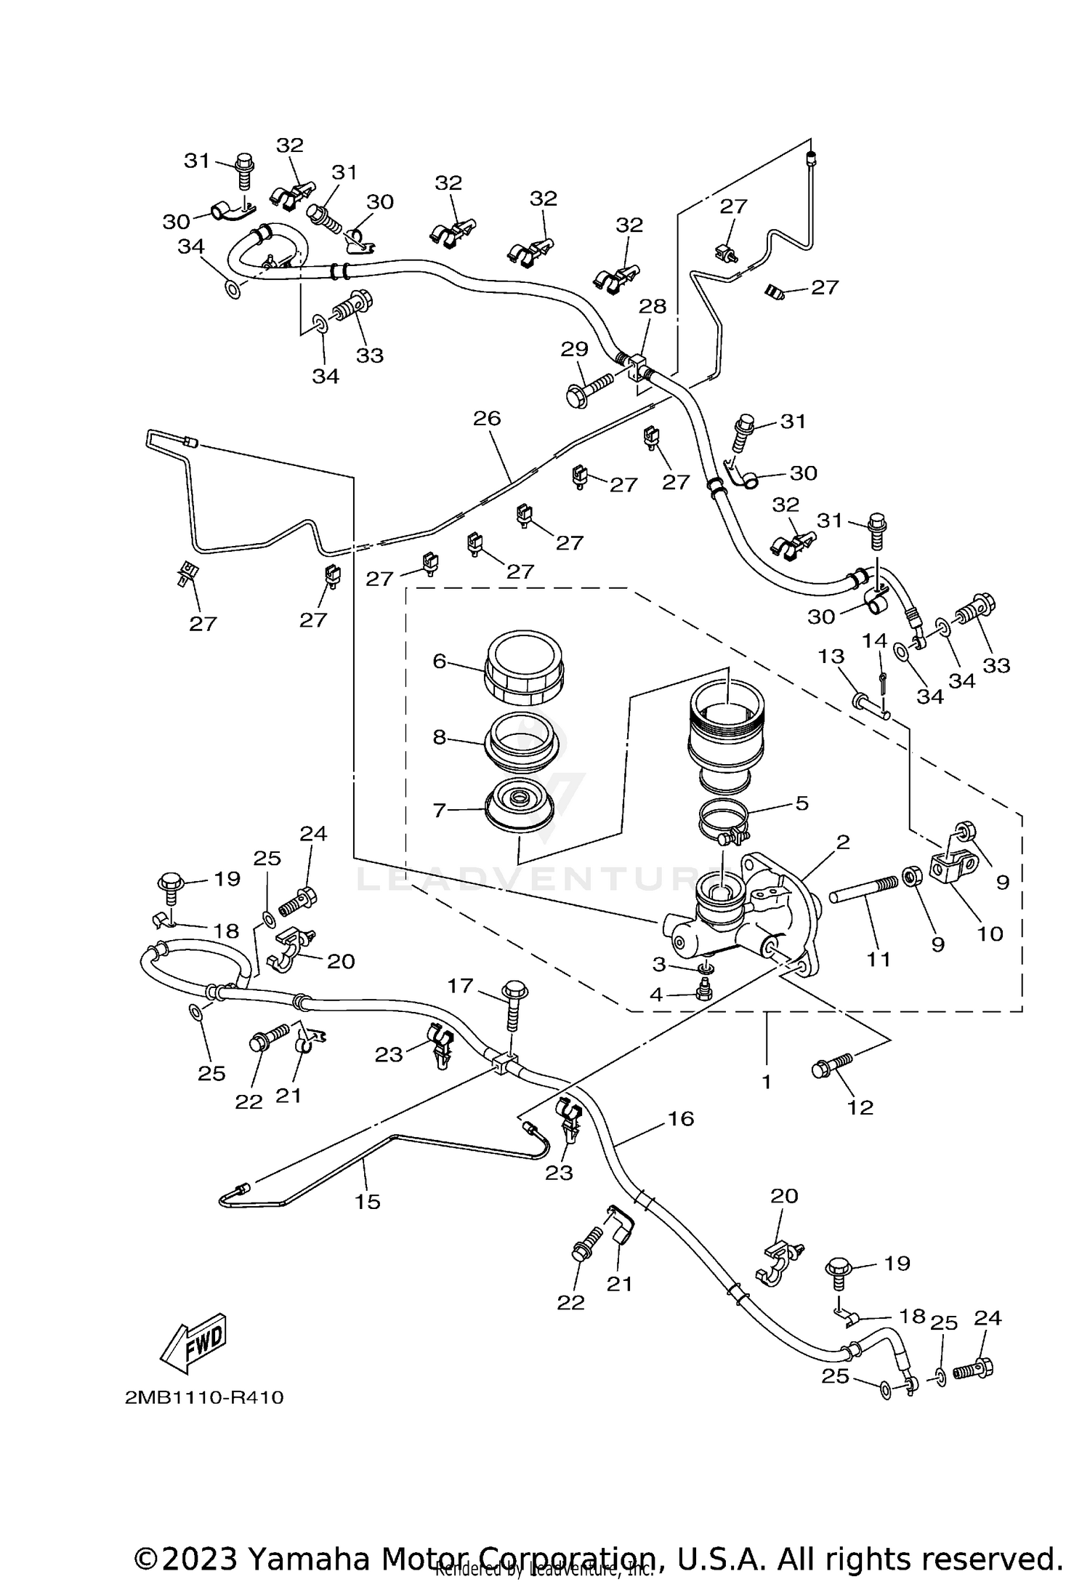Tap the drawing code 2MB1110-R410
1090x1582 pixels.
pos(204,1397)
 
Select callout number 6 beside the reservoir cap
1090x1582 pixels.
pos(439,661)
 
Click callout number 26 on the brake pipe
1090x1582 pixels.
pos(487,418)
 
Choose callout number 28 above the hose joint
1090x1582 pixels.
pos(652,306)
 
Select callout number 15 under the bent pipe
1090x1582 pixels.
pos(368,1202)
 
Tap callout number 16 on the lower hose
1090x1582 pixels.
pos(681,1118)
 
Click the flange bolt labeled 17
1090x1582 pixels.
pos(513,1004)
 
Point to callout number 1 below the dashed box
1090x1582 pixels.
pos(766,1081)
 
